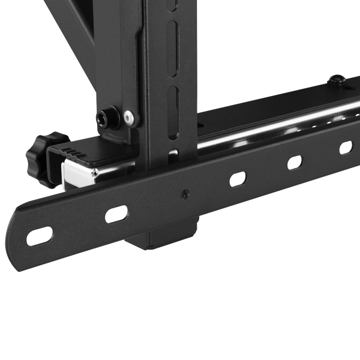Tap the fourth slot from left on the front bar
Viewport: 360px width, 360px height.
tap(295, 162)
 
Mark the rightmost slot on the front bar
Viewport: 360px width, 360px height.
tap(346, 147)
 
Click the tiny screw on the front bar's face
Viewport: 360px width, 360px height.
tap(185, 194)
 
